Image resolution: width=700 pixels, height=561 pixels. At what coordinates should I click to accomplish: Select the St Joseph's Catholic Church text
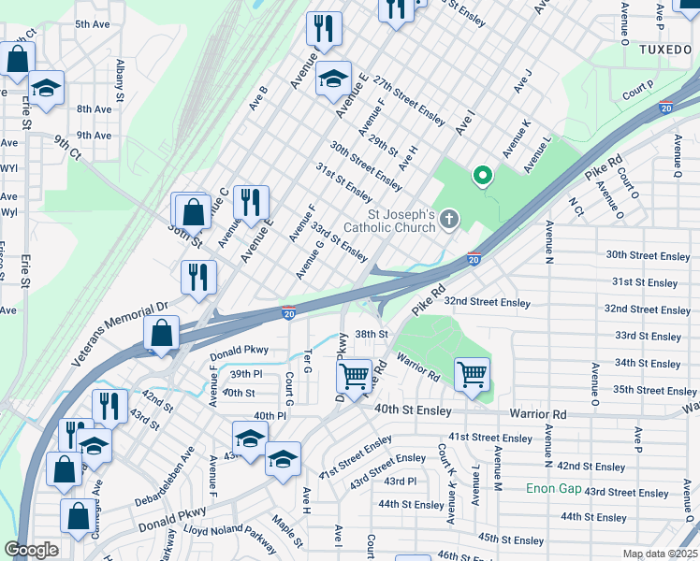click(x=389, y=221)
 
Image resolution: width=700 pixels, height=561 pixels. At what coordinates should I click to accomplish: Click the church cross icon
click(x=450, y=221)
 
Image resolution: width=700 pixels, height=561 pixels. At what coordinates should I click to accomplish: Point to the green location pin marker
click(x=483, y=176)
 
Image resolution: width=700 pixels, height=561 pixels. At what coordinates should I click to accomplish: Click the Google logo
click(x=32, y=550)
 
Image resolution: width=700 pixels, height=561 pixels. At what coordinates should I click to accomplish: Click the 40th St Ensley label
click(x=414, y=410)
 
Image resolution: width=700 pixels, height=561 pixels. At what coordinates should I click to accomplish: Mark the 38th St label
click(x=371, y=334)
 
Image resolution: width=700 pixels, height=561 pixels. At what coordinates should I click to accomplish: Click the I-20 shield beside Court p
click(x=666, y=107)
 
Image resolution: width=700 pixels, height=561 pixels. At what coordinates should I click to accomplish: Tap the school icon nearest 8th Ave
click(x=46, y=88)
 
